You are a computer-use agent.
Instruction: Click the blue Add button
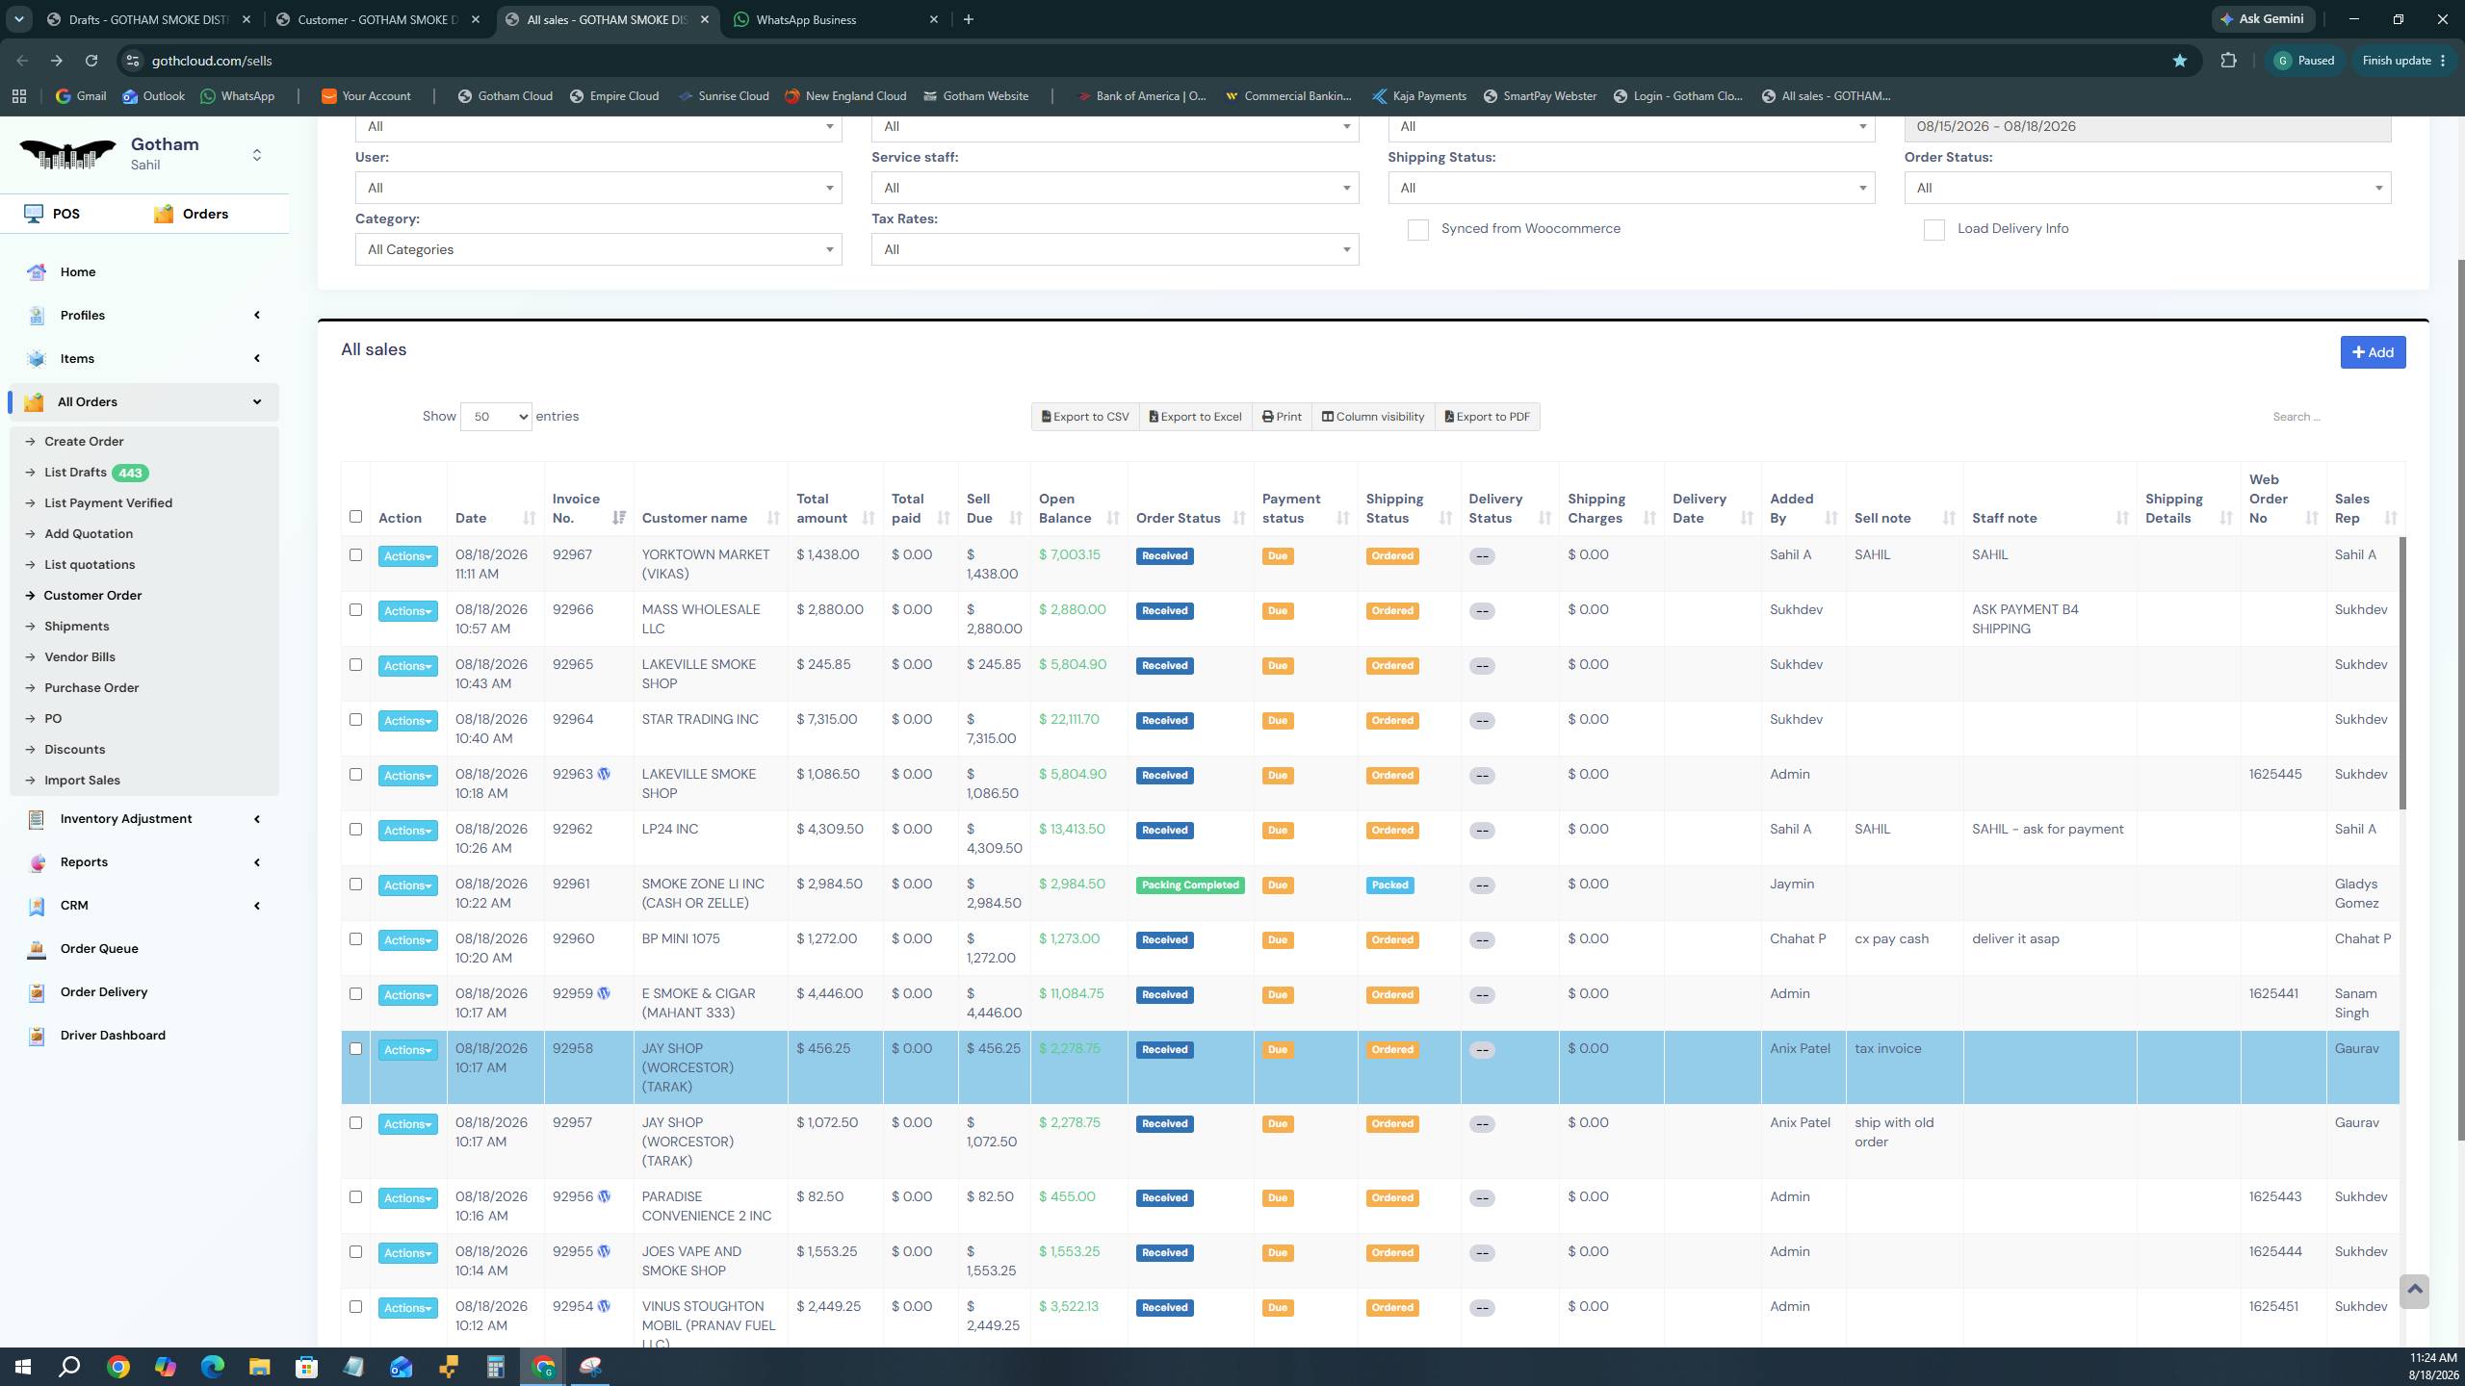tap(2373, 352)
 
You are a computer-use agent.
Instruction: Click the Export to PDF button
tap(1488, 417)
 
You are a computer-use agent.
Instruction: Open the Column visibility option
tap(1373, 417)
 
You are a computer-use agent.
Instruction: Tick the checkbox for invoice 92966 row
tap(355, 609)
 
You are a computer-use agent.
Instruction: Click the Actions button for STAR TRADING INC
tap(407, 721)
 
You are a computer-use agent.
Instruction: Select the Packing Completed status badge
tap(1190, 885)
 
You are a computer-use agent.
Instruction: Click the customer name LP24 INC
tap(670, 829)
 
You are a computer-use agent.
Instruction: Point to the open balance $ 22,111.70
tap(1069, 719)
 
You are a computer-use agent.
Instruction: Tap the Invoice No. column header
tap(576, 508)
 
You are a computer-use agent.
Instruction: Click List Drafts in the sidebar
tap(75, 473)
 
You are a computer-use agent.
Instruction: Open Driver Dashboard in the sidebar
tap(113, 1036)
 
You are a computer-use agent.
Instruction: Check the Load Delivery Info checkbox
tap(1933, 230)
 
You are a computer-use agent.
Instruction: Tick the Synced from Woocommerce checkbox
tap(1417, 230)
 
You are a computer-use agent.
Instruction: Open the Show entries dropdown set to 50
tap(496, 417)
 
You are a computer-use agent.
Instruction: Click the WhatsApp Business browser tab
tap(806, 19)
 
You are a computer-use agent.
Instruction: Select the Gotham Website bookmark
tap(976, 96)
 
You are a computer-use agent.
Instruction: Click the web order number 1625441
tap(2273, 993)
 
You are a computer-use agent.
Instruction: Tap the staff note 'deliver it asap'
tap(2015, 938)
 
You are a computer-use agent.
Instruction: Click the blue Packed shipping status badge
tap(1389, 885)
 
